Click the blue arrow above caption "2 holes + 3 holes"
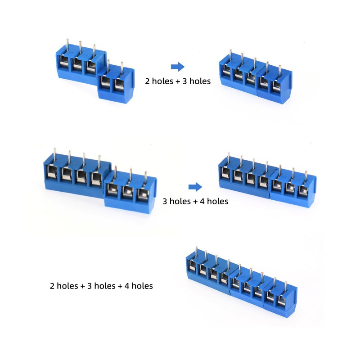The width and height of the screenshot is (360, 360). click(178, 67)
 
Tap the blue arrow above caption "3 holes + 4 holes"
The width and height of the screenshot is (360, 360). click(194, 187)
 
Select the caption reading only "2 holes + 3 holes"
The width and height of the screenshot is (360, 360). click(177, 82)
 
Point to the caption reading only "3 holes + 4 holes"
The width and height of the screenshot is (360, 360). click(195, 201)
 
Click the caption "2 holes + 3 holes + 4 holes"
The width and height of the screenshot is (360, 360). click(101, 286)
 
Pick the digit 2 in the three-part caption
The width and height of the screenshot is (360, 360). click(52, 286)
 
